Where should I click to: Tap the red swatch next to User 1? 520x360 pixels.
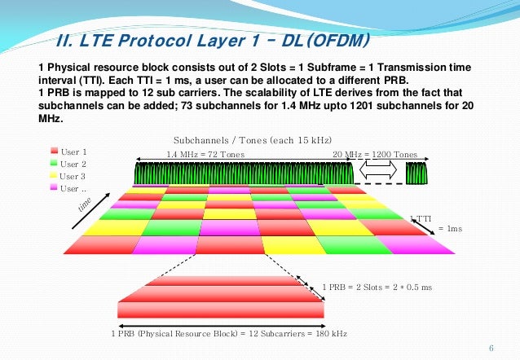tap(55, 151)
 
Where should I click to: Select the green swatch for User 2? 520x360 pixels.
tap(55, 164)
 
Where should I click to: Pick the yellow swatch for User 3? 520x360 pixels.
tap(55, 176)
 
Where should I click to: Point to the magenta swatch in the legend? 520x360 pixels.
tap(55, 188)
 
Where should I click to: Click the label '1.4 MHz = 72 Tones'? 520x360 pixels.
tap(205, 154)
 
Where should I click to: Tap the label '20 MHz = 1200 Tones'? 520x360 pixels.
tap(375, 154)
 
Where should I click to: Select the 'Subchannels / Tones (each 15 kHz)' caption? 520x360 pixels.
tap(253, 138)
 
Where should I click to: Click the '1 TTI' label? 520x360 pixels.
tap(420, 217)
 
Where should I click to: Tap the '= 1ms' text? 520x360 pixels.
tap(450, 229)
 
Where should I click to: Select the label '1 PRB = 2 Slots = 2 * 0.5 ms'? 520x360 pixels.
tap(376, 288)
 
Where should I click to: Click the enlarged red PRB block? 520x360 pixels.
tap(220, 296)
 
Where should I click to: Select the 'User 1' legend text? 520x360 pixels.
tap(73, 151)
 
